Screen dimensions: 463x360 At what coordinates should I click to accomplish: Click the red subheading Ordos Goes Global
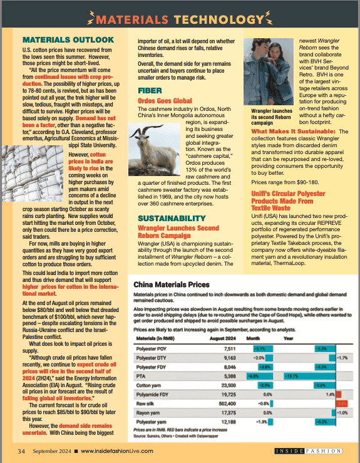tap(165, 100)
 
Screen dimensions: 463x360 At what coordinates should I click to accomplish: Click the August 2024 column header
tap(222, 338)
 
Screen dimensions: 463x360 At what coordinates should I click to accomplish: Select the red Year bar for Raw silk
tap(342, 405)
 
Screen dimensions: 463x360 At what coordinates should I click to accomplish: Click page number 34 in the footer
tap(21, 450)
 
